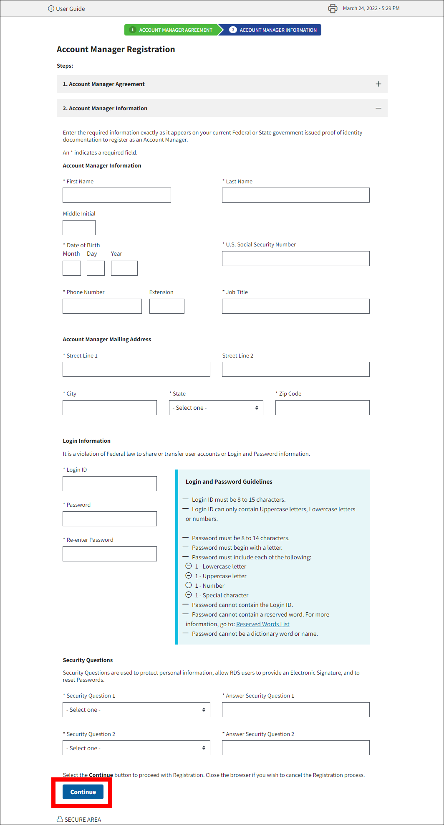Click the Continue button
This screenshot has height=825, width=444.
(83, 792)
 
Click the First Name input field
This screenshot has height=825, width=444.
(117, 195)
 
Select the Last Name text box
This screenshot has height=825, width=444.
(295, 195)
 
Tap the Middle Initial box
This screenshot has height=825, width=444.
(79, 228)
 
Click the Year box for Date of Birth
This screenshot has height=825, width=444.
(124, 268)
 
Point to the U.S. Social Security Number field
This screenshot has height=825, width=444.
(295, 259)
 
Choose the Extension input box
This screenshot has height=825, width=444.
(166, 306)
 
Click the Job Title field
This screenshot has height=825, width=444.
(295, 306)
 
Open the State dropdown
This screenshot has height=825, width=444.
(216, 408)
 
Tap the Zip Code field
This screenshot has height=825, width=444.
(322, 408)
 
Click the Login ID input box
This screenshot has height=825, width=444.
(110, 484)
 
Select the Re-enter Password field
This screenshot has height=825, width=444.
(110, 554)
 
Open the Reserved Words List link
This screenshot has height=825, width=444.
(262, 624)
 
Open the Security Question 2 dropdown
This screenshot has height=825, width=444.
(136, 748)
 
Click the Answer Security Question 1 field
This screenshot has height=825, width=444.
(295, 710)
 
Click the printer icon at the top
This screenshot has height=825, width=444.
(333, 8)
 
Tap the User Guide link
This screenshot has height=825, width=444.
(67, 9)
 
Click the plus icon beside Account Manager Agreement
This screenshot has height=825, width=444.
(378, 84)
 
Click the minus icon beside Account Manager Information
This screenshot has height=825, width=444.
(378, 108)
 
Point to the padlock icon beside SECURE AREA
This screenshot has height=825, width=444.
(60, 819)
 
